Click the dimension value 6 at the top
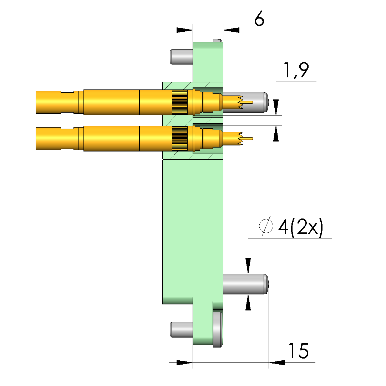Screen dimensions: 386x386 pos(259,19)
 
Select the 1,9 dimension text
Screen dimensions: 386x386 pos(296,71)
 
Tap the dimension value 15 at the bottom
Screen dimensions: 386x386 pos(299,351)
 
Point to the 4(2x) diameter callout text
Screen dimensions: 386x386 pos(300,227)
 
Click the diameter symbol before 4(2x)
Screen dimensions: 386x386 pos(266,226)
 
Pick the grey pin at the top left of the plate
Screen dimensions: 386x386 pos(181,57)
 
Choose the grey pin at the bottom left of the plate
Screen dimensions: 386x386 pos(181,330)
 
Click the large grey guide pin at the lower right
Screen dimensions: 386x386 pos(245,284)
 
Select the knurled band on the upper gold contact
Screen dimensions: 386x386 pos(180,102)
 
